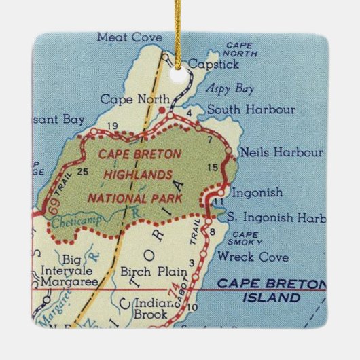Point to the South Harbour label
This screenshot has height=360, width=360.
pyautogui.click(x=251, y=109)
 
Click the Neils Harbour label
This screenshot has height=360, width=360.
pyautogui.click(x=272, y=154)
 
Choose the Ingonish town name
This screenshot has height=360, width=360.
pyautogui.click(x=257, y=192)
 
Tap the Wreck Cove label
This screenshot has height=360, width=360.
pyautogui.click(x=253, y=257)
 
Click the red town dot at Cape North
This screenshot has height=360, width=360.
pyautogui.click(x=162, y=109)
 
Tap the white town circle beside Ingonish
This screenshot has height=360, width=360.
pyautogui.click(x=220, y=192)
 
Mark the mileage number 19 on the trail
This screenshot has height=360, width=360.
pyautogui.click(x=113, y=125)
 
